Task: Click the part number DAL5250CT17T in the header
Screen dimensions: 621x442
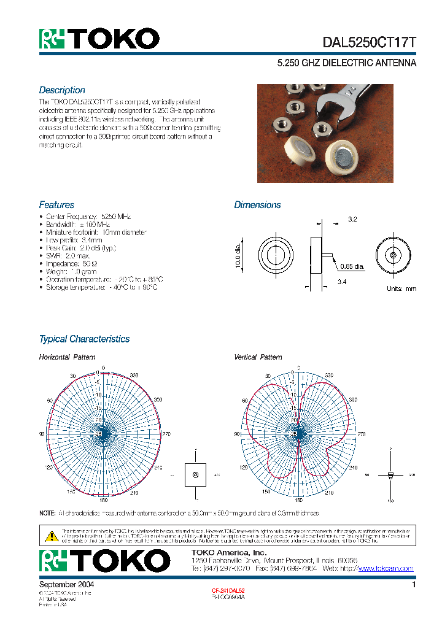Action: click(x=370, y=42)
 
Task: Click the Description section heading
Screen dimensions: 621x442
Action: click(x=62, y=90)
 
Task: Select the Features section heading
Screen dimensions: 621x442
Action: click(x=56, y=205)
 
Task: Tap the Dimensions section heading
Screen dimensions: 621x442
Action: click(x=257, y=205)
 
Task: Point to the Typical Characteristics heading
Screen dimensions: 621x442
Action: click(x=84, y=339)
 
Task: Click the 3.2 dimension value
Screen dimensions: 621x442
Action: click(x=352, y=219)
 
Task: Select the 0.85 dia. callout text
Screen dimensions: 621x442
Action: click(x=352, y=266)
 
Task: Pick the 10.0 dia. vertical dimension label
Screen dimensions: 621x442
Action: click(x=239, y=256)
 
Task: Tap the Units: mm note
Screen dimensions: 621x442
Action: click(x=401, y=288)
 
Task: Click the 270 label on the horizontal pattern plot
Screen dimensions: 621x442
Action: click(x=166, y=433)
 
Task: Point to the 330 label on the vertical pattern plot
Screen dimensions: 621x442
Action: click(x=329, y=375)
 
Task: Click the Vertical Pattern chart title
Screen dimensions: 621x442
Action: click(x=258, y=357)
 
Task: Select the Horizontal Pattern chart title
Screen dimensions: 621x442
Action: click(x=67, y=357)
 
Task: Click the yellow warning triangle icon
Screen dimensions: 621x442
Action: click(x=52, y=536)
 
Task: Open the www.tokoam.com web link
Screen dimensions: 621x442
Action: click(x=386, y=569)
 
